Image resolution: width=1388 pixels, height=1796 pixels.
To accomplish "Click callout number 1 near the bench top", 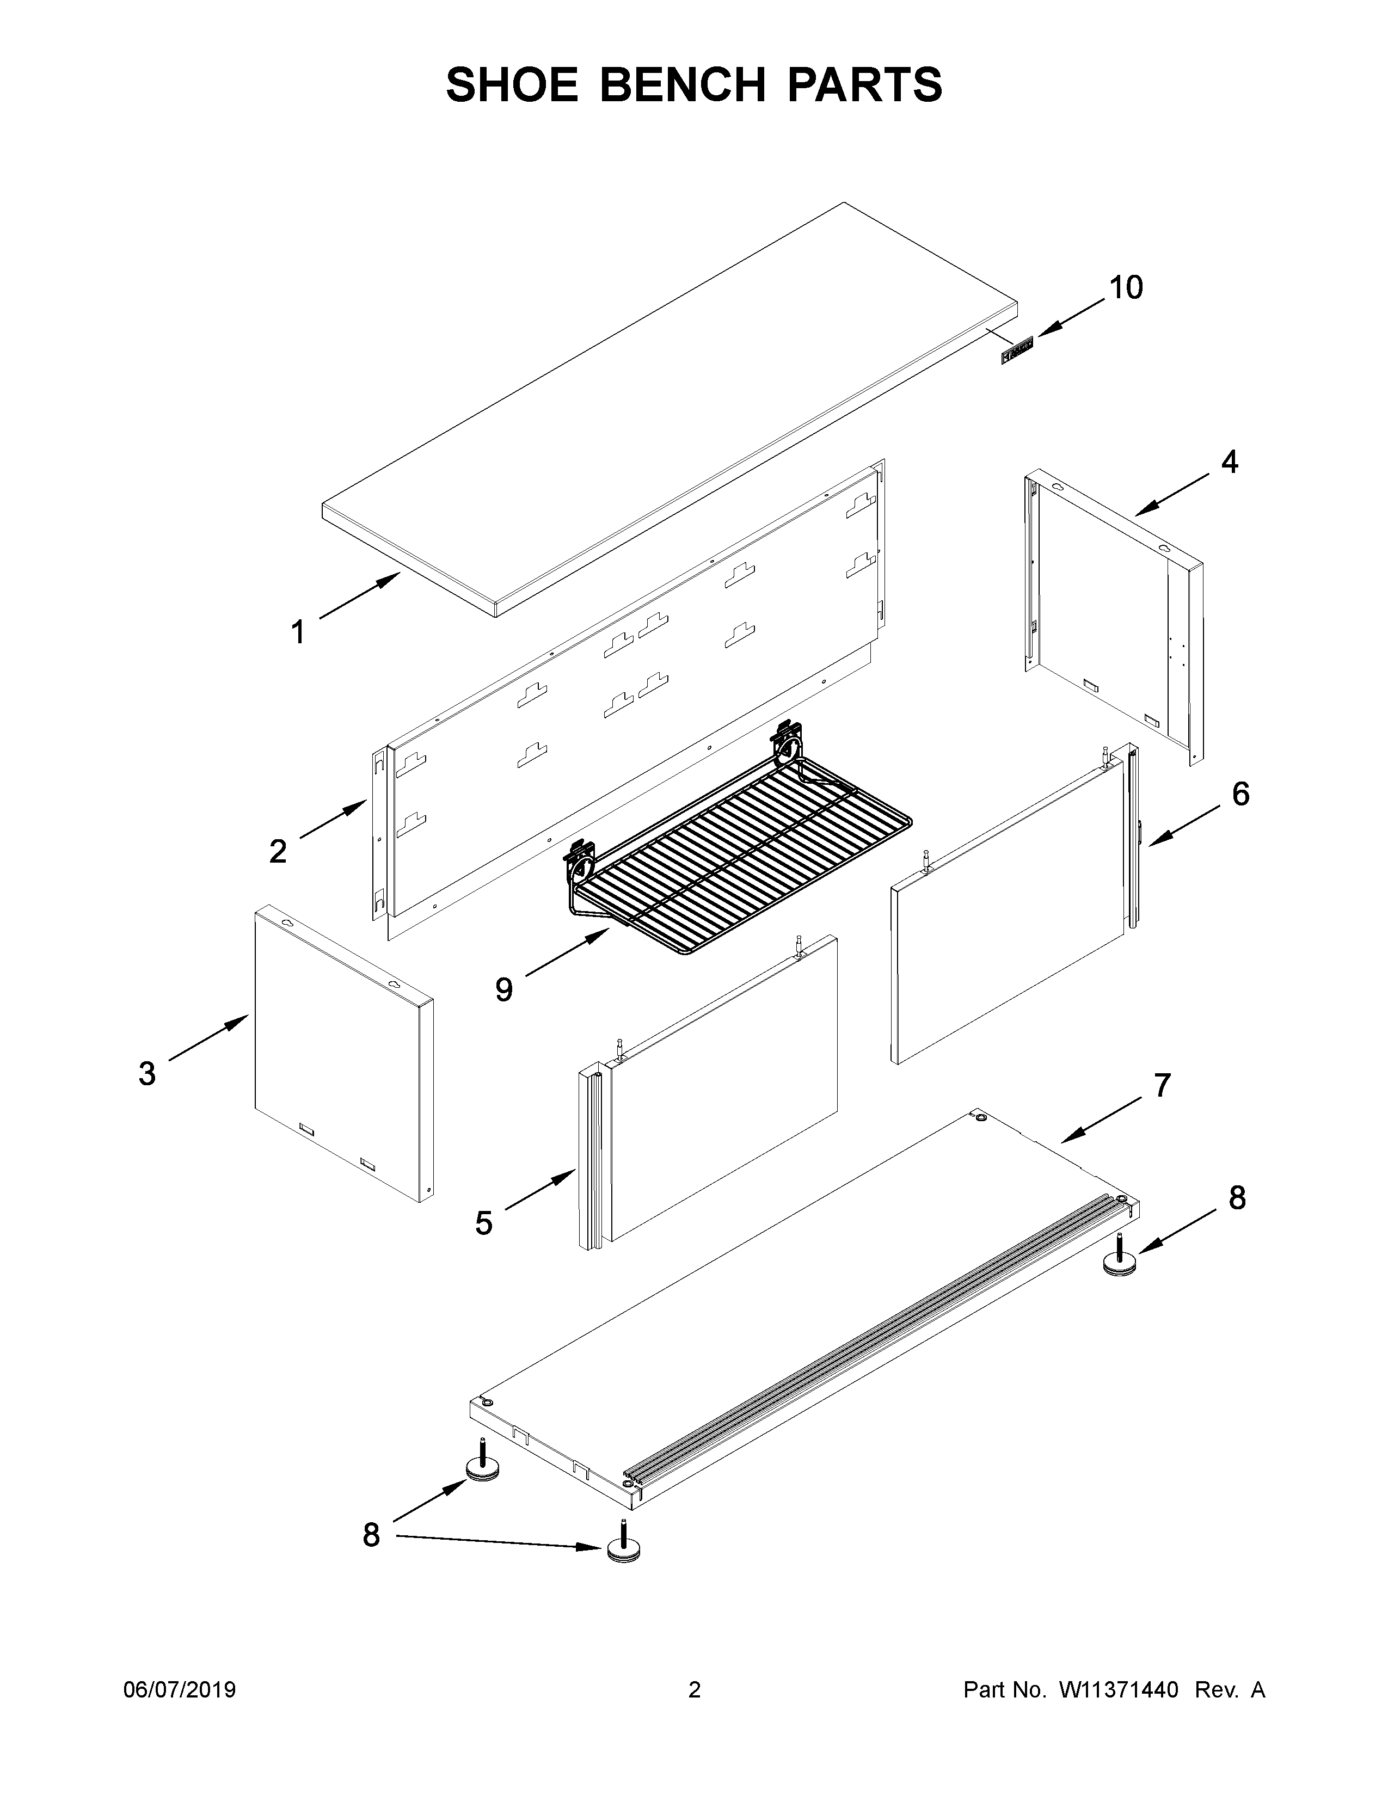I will coord(298,632).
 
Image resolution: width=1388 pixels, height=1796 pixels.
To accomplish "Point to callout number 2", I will coord(278,851).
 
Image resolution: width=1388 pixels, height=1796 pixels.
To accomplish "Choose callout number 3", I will coord(146,1073).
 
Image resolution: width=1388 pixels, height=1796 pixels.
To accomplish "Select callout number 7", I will coord(1161,1086).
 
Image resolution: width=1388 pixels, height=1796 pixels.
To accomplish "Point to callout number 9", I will coord(503,989).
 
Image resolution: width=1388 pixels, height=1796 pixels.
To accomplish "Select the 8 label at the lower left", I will coord(372,1535).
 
